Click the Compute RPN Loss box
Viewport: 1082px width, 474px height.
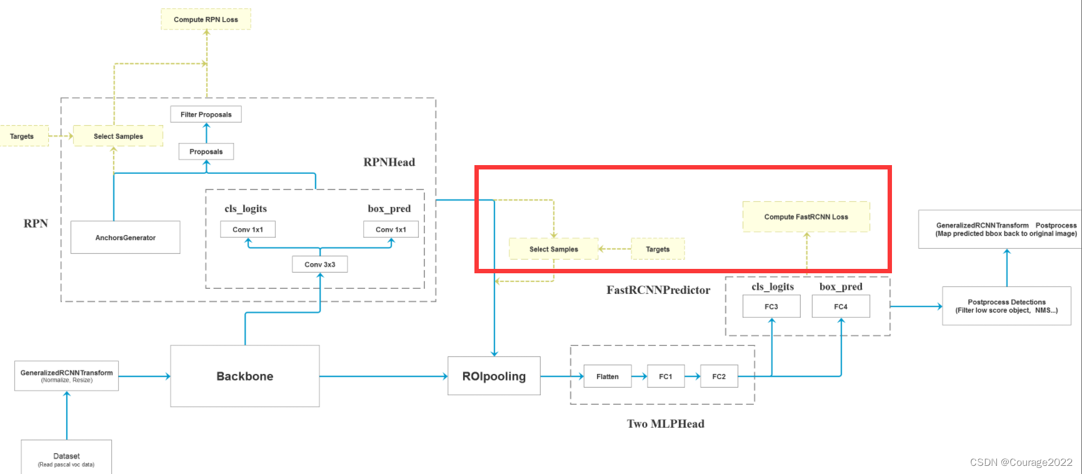[x=206, y=19]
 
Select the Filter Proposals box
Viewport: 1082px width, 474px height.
[x=206, y=114]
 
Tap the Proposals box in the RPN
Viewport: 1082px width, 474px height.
[x=206, y=151]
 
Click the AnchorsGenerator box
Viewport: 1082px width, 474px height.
[x=125, y=238]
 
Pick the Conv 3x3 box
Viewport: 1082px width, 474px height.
[x=319, y=265]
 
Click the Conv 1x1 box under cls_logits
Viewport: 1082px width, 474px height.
[x=248, y=229]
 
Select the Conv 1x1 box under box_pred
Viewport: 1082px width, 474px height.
[x=391, y=229]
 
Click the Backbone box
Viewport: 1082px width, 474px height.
[x=244, y=376]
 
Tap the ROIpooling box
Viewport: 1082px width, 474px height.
[x=494, y=376]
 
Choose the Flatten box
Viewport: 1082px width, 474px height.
[x=607, y=376]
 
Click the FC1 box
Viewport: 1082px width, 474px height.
[x=666, y=376]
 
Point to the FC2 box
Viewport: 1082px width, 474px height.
[x=719, y=376]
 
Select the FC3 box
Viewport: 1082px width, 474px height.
[x=771, y=306]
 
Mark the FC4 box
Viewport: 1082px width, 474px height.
[x=841, y=306]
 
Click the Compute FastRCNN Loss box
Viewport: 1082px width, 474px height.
[x=806, y=217]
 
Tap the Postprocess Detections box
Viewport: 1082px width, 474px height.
[x=1006, y=306]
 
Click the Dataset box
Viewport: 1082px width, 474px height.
[x=66, y=458]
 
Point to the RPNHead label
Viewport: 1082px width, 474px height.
[x=389, y=163]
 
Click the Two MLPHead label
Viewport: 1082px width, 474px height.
[x=665, y=424]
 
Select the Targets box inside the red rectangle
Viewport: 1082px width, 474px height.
[x=658, y=249]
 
